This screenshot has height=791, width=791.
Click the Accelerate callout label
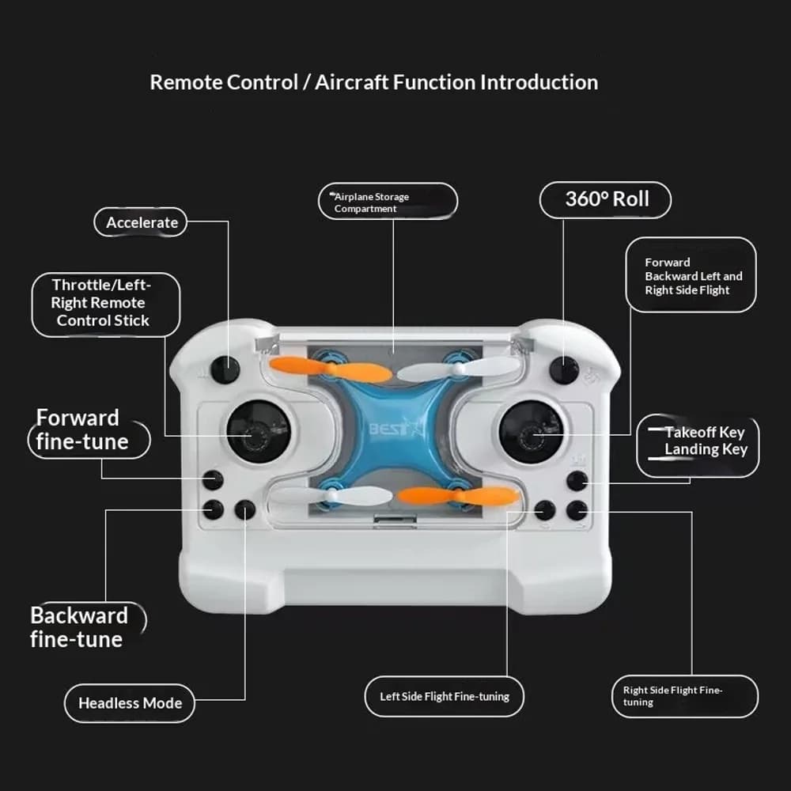[x=141, y=222]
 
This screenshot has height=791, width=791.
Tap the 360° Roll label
[x=605, y=199]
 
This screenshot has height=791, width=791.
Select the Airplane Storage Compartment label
[x=388, y=201]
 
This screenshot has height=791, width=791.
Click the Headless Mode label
[x=130, y=702]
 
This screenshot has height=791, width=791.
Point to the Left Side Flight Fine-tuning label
[x=444, y=696]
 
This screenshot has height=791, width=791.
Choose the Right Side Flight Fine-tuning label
[x=684, y=696]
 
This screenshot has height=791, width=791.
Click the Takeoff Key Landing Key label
[x=698, y=445]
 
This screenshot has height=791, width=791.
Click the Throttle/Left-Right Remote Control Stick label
[x=106, y=305]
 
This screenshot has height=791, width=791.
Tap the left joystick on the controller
[x=258, y=433]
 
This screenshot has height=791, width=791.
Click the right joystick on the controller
[x=532, y=433]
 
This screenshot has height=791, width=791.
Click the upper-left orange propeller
[x=331, y=369]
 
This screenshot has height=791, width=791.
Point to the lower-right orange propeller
[x=458, y=496]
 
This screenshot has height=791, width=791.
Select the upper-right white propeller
[x=458, y=369]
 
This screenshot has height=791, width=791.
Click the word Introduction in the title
[x=539, y=82]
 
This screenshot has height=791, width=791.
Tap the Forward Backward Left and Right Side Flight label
[x=691, y=275]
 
